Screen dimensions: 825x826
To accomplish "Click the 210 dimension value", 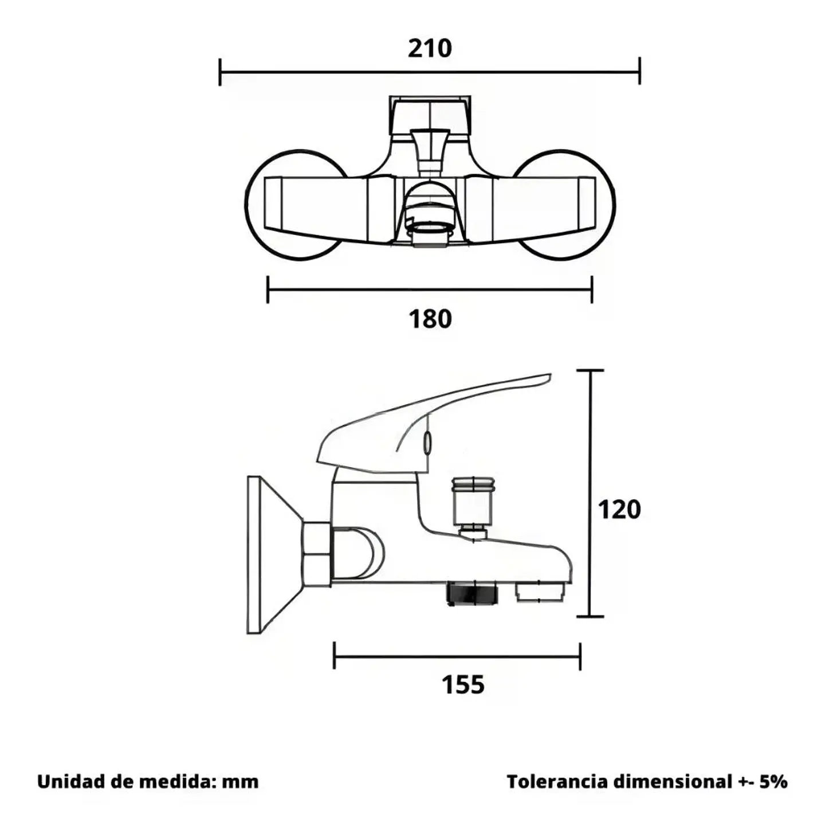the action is pyautogui.click(x=430, y=49).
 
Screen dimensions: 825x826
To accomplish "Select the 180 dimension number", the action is pyautogui.click(x=430, y=319).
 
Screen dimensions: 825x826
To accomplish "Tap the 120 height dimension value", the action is pyautogui.click(x=619, y=510).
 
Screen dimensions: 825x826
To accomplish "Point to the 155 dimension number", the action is pyautogui.click(x=463, y=684).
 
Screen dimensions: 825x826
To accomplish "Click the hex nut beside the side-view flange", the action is pyautogui.click(x=317, y=554).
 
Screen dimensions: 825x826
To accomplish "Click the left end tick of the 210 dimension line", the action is pyautogui.click(x=220, y=72).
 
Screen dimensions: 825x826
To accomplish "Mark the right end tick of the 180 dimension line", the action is pyautogui.click(x=592, y=290).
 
